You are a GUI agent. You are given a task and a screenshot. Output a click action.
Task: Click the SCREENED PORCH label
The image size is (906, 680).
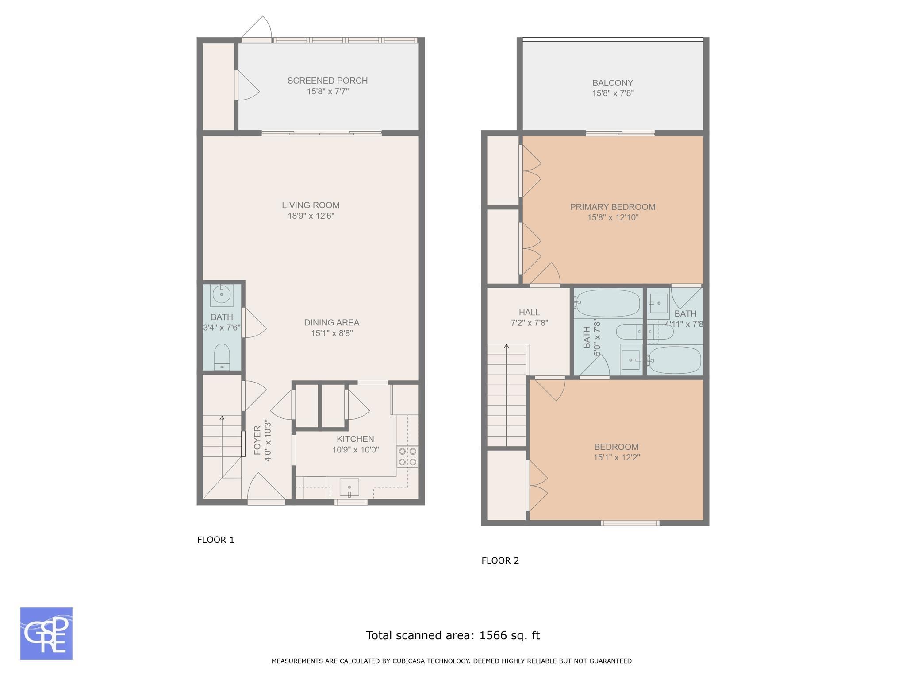point(327,81)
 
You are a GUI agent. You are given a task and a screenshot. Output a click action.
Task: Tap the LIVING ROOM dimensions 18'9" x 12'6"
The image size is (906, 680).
point(311,216)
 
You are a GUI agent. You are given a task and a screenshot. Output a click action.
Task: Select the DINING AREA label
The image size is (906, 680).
point(332,322)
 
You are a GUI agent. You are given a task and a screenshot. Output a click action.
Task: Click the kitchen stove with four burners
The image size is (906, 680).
point(407,456)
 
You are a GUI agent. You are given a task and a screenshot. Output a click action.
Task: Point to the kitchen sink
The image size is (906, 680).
point(349,487)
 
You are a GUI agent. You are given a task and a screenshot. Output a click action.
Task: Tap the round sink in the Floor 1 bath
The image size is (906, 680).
point(221,294)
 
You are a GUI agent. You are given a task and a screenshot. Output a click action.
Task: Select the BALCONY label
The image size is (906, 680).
point(613,83)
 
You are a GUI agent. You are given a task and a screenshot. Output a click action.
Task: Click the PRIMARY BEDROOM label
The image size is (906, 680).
point(613,207)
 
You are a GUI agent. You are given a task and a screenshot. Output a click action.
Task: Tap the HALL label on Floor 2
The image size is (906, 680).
point(530,313)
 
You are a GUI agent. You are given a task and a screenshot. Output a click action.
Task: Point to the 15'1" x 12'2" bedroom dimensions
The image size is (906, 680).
point(617,457)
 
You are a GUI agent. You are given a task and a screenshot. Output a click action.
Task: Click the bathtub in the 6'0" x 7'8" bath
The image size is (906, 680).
point(607,303)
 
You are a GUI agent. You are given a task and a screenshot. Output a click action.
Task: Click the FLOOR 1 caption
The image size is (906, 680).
point(215,540)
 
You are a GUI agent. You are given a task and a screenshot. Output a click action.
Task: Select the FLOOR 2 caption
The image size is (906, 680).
point(500,560)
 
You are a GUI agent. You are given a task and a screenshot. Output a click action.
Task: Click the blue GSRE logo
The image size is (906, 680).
point(46,634)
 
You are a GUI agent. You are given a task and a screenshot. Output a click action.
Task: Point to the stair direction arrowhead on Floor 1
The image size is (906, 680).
point(222,418)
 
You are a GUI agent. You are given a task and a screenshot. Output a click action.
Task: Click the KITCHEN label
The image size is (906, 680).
point(355,439)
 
